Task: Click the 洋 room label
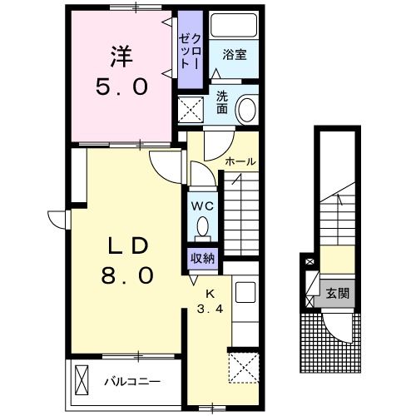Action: pos(121,57)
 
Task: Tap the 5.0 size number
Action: pos(121,86)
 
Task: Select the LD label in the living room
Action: pos(127,246)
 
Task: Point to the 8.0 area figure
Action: pos(127,275)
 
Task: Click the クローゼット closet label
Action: pos(190,52)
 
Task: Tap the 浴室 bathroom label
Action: pos(235,55)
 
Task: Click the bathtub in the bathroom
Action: pos(233,25)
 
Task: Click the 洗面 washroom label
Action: pos(222,102)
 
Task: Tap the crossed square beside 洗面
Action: pos(191,109)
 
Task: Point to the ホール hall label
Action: pos(240,161)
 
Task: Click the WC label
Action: pos(203,206)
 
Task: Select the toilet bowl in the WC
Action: pos(203,225)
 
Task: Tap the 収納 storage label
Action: pos(202,258)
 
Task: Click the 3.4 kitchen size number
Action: pos(210,309)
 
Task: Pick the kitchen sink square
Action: pos(245,292)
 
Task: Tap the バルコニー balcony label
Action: pos(132,382)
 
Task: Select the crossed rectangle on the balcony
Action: pos(82,380)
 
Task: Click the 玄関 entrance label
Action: pos(337,293)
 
